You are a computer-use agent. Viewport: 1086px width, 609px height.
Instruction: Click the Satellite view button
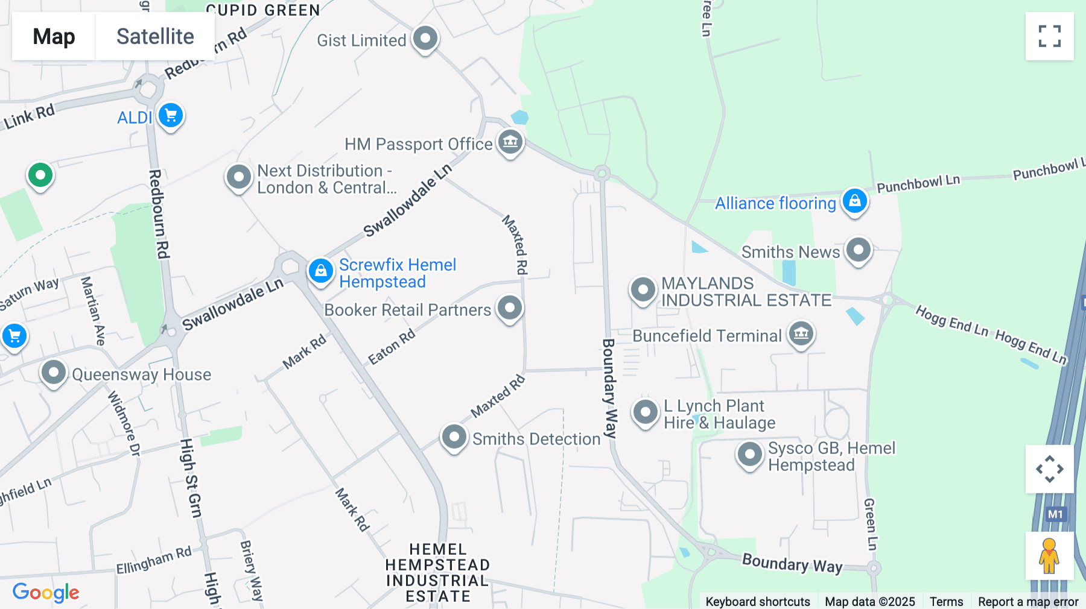click(155, 36)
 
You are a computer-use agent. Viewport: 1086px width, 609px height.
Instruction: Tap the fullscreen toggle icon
click(1049, 36)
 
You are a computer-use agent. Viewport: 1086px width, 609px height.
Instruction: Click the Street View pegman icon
click(1049, 556)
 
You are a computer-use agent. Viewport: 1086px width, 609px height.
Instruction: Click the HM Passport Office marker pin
click(510, 142)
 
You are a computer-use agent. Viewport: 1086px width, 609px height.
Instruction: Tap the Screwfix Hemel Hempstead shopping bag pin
click(320, 271)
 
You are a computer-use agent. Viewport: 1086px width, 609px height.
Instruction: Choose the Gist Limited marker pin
click(425, 39)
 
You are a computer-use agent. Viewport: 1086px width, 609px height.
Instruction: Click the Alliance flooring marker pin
click(855, 201)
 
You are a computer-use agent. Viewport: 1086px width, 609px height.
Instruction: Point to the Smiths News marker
click(858, 250)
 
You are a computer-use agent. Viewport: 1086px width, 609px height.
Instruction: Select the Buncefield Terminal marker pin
click(801, 333)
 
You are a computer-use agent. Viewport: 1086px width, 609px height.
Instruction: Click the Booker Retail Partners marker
click(510, 308)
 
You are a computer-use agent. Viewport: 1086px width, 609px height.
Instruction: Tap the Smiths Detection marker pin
click(454, 437)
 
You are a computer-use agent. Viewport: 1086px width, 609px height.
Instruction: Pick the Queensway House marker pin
click(54, 373)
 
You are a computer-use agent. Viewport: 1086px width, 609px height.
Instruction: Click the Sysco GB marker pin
click(750, 455)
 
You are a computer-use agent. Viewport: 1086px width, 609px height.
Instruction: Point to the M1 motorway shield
click(1055, 514)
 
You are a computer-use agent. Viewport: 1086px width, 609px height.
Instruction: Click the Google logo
click(46, 593)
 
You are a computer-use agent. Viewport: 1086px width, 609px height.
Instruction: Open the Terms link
click(946, 602)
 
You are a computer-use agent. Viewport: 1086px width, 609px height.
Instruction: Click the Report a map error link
click(1028, 602)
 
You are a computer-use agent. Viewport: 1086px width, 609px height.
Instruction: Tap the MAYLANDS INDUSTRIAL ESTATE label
click(746, 292)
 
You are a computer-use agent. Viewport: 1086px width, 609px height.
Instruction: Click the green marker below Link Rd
click(40, 175)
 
